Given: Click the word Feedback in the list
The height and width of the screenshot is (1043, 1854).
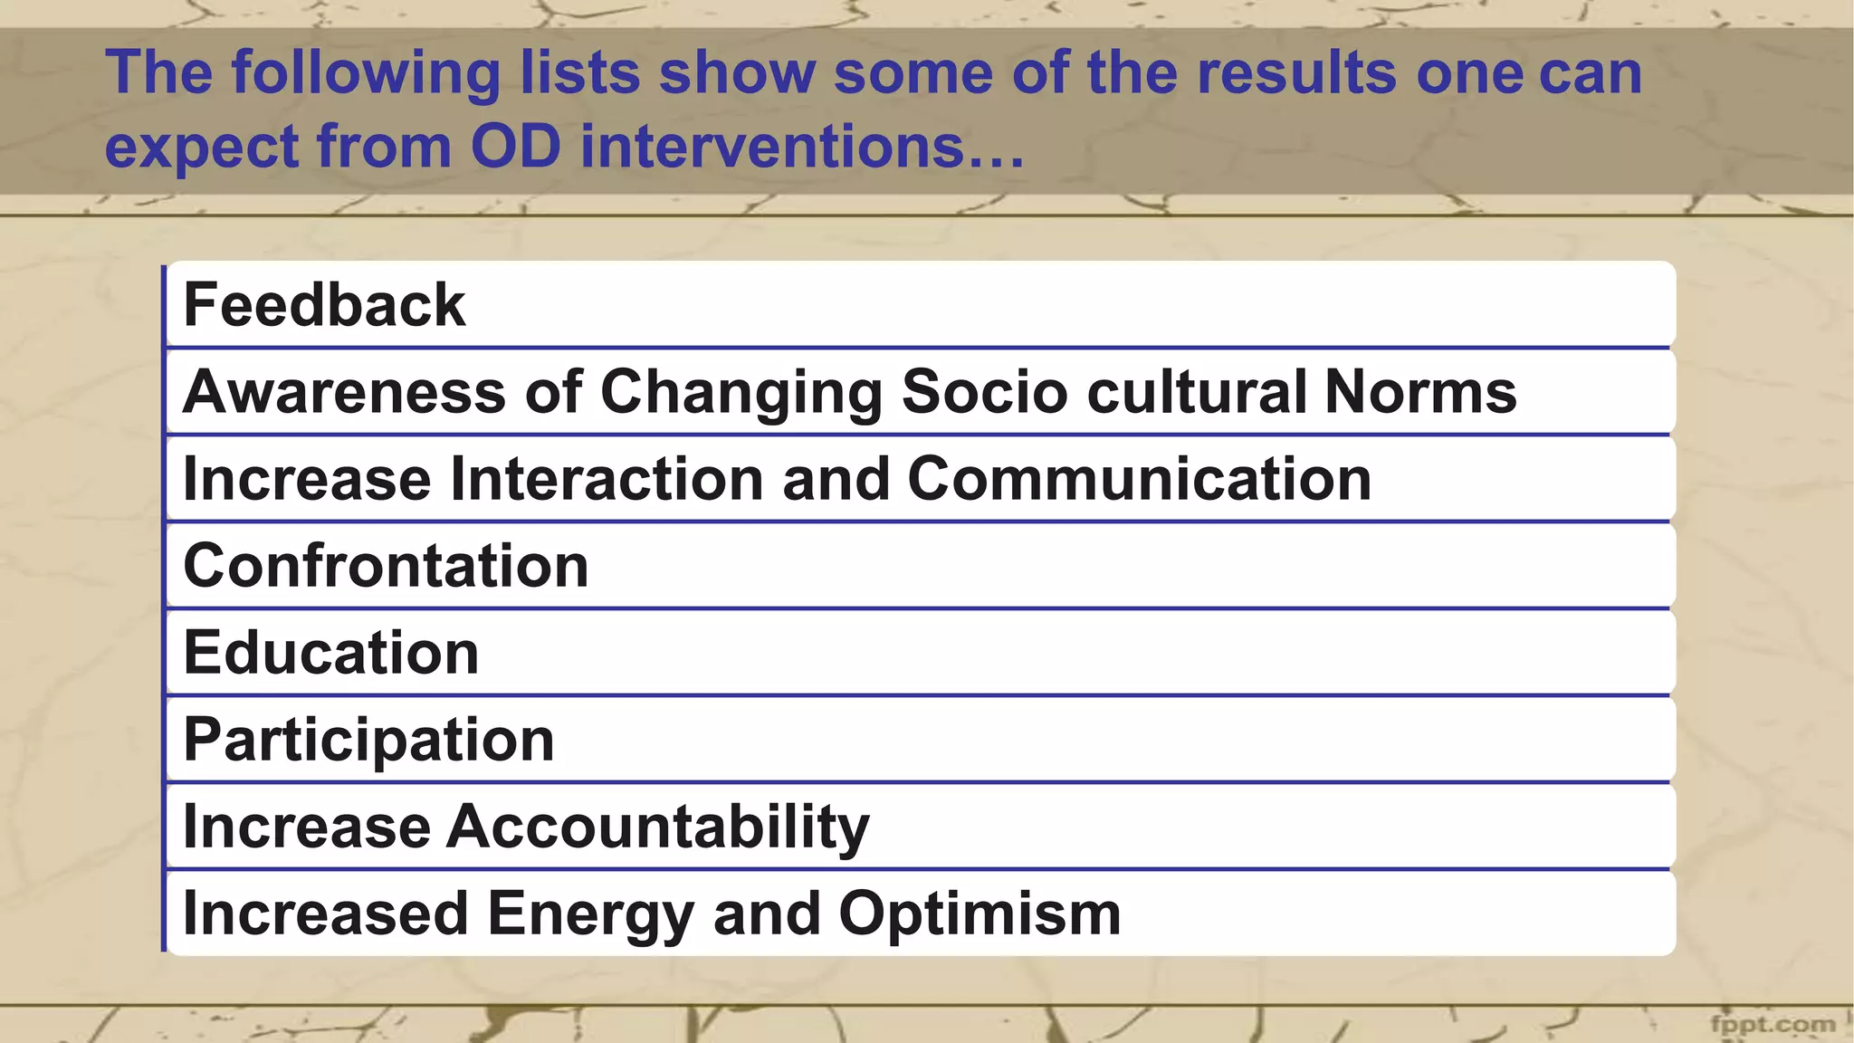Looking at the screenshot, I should [324, 305].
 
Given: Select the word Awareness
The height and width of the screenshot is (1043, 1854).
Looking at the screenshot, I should [344, 392].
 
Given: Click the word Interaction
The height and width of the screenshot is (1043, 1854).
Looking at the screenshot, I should [607, 479].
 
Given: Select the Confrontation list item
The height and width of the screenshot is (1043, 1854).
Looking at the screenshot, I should [386, 566].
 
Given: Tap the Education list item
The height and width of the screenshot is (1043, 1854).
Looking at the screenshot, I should [330, 653].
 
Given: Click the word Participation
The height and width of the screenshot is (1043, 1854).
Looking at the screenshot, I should [368, 741].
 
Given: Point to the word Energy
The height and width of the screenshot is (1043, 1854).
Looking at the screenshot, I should [590, 914].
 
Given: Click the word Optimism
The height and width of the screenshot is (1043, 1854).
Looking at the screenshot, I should [980, 914].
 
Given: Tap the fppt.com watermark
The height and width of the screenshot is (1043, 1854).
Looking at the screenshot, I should [1773, 1024].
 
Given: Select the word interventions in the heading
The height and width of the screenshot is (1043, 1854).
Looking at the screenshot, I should [802, 146].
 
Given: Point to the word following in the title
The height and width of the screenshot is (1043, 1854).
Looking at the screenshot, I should [366, 72].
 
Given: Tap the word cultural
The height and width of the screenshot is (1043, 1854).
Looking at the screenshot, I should [1195, 392].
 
